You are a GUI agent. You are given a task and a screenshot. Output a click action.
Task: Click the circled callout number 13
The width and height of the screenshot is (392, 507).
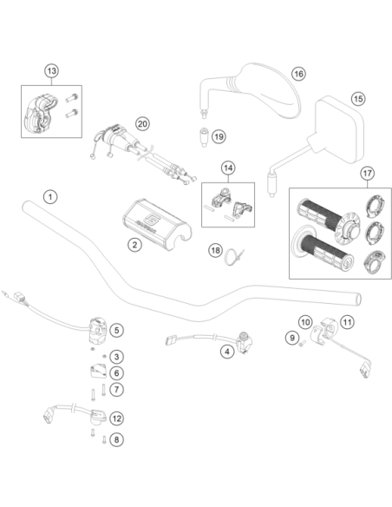pos(52,71)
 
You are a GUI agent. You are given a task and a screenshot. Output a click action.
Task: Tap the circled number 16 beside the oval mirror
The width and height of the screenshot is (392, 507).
pos(298,74)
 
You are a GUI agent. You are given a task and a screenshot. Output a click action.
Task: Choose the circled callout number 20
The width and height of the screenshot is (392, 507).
pos(142,124)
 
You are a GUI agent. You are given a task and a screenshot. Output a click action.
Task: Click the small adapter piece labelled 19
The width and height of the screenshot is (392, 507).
pos(204,137)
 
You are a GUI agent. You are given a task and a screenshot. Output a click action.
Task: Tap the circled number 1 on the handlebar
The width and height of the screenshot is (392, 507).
pos(50,196)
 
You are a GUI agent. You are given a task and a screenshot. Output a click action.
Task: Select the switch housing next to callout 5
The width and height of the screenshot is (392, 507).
pos(97,330)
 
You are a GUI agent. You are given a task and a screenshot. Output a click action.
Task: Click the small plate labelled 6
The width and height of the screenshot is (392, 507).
pos(98,372)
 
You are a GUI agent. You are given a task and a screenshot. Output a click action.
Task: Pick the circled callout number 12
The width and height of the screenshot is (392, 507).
pos(116,418)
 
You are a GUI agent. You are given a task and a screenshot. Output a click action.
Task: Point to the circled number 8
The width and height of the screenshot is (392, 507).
pos(116,440)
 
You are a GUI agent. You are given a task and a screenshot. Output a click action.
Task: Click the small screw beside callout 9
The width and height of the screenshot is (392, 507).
pos(301,345)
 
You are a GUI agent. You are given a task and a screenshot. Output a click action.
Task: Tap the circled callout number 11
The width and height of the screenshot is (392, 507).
pos(347,322)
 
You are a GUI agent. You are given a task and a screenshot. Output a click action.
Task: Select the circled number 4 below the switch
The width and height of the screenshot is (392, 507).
pos(227,352)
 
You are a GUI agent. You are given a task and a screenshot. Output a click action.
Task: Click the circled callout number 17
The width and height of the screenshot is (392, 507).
pos(368,174)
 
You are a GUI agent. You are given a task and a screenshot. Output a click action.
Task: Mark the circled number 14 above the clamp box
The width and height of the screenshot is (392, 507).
pos(228,168)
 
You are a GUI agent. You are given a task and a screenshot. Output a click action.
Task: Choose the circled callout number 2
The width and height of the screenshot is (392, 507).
pos(134,245)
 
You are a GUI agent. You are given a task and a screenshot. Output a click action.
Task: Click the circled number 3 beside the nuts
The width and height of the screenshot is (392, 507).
pos(116,357)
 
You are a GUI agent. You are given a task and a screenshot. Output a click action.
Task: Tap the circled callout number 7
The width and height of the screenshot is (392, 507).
pos(116,389)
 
